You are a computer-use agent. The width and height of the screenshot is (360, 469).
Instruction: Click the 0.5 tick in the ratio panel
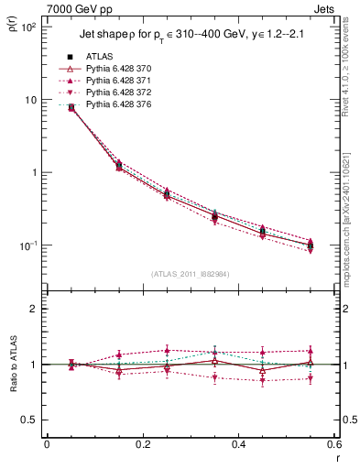pos(27,420)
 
